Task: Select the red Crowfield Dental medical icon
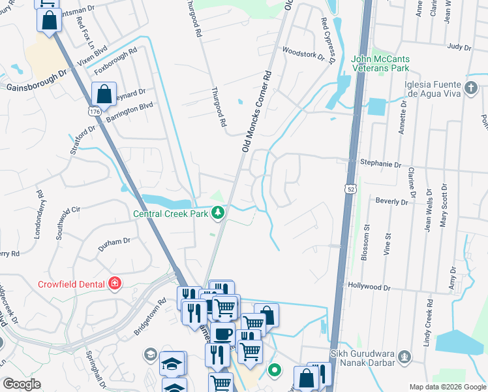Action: [x=115, y=283]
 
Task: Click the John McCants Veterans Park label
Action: [x=390, y=63]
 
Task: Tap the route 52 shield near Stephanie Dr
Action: [x=351, y=188]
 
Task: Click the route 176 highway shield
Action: [x=95, y=112]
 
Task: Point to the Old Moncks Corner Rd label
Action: [x=256, y=112]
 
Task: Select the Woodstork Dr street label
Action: [x=303, y=53]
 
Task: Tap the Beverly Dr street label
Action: [x=392, y=202]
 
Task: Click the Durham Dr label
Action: [x=114, y=242]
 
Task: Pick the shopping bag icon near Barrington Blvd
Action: [x=104, y=93]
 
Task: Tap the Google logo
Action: [x=22, y=384]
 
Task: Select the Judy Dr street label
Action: [x=459, y=46]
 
